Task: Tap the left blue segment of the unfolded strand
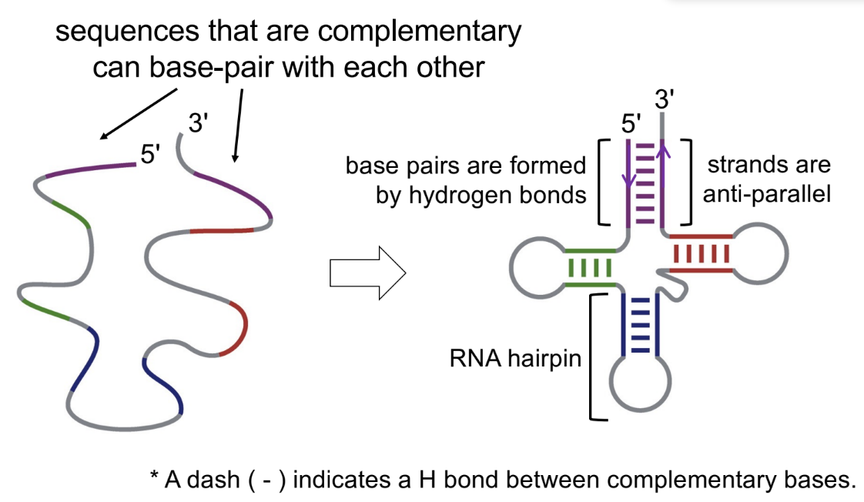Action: (x=84, y=361)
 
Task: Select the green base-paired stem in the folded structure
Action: (x=590, y=267)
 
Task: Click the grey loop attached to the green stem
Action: (x=534, y=268)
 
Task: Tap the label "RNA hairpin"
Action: (x=515, y=358)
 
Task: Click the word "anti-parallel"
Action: (x=766, y=194)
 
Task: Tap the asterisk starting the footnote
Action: (x=155, y=477)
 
